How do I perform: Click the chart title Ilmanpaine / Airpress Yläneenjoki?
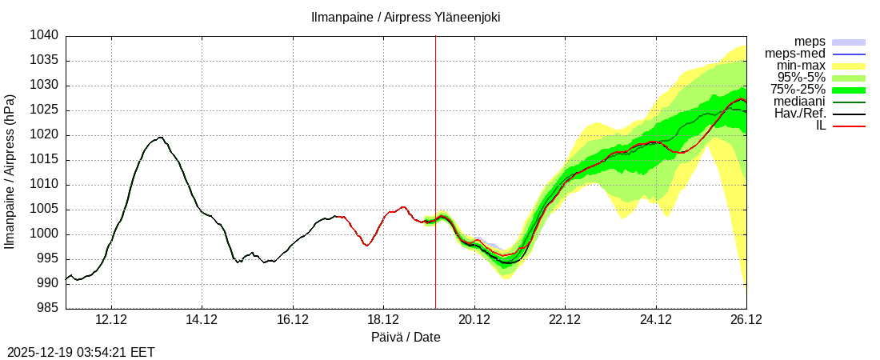[x=406, y=17]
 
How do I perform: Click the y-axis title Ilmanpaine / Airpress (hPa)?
[x=10, y=171]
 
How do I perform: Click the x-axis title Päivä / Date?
[x=406, y=338]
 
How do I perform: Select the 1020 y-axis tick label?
[x=46, y=135]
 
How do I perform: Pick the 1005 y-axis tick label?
[x=46, y=210]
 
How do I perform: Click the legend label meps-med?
[x=795, y=54]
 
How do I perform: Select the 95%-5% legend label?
[x=796, y=78]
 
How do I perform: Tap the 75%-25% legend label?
[x=798, y=90]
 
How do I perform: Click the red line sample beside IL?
[x=849, y=126]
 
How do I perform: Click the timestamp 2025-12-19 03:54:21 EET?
[x=81, y=352]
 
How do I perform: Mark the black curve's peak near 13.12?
[x=161, y=137]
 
